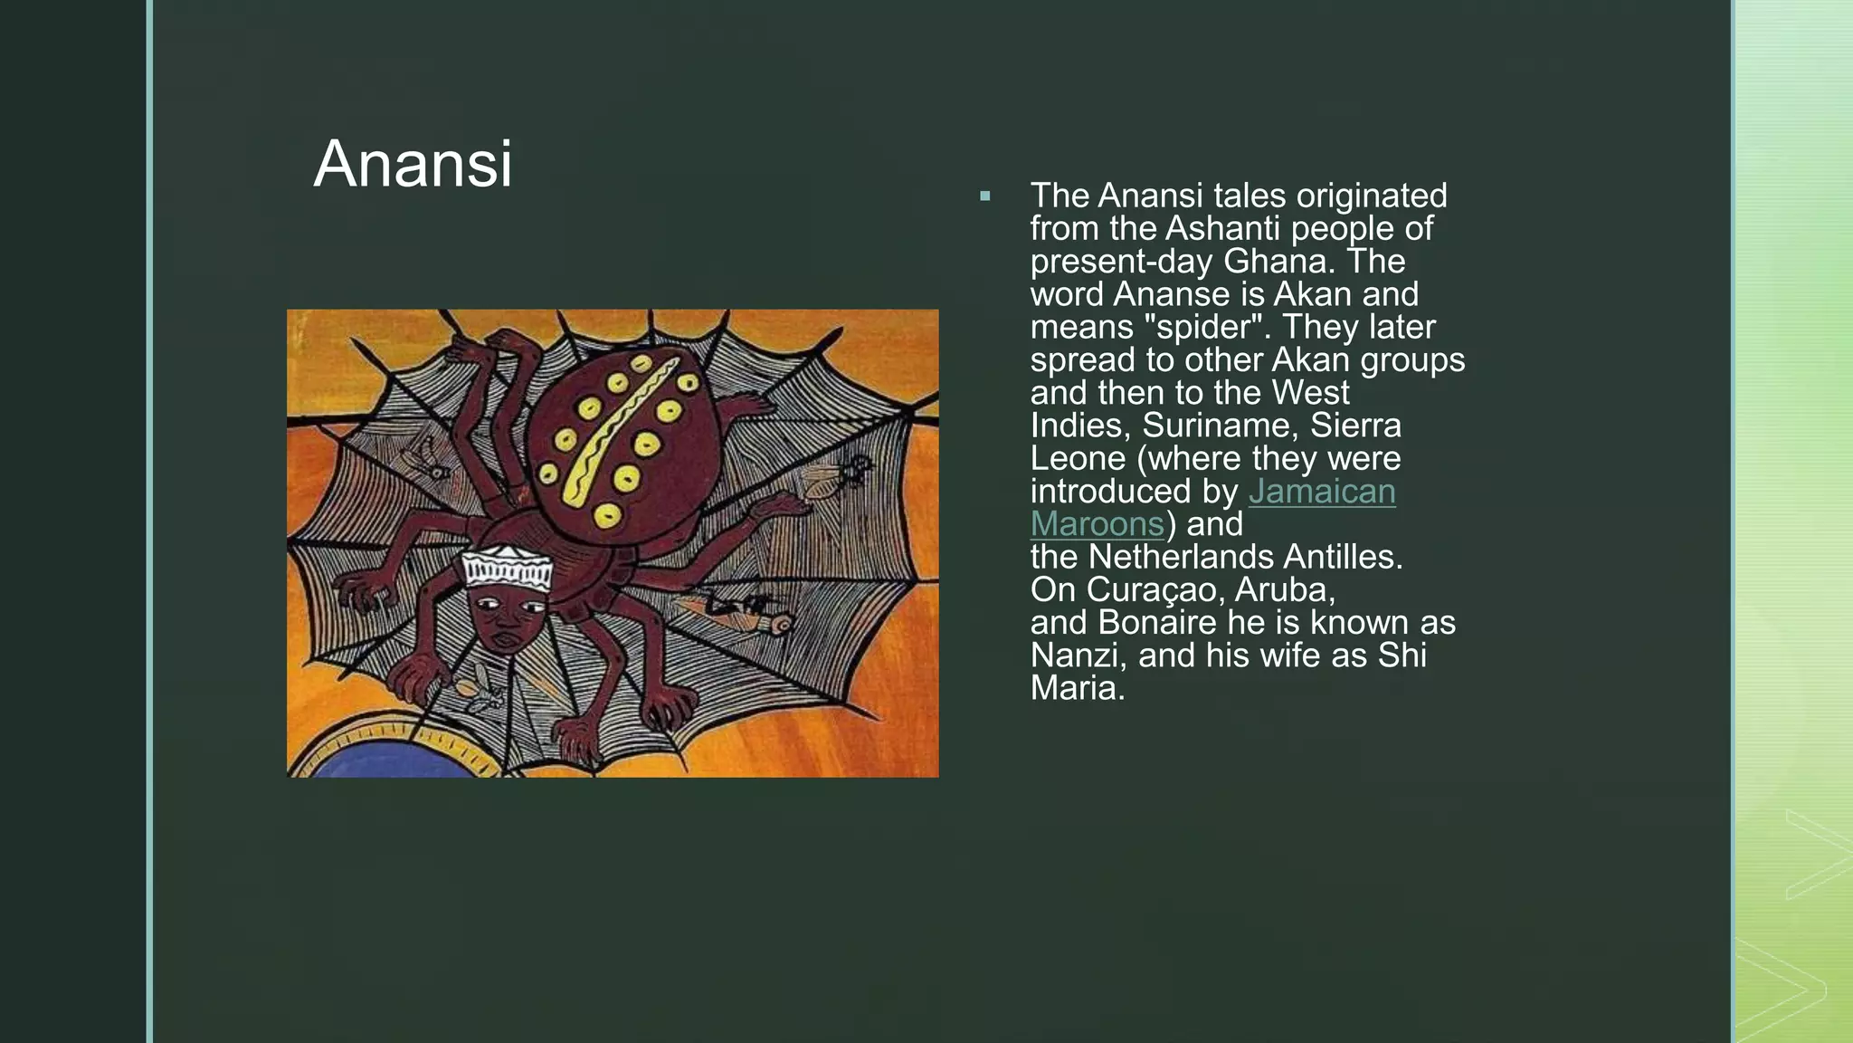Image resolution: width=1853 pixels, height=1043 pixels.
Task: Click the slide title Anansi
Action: [x=413, y=165]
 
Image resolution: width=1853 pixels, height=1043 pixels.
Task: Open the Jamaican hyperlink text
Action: [x=1322, y=492]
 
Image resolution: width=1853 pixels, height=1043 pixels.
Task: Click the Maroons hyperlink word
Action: [x=1097, y=524]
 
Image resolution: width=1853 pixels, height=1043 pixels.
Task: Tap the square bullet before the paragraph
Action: [x=985, y=196]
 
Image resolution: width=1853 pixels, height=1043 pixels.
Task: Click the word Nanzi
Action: [x=1078, y=655]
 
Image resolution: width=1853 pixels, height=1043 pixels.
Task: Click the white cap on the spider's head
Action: [x=507, y=570]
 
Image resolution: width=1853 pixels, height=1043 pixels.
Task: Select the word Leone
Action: [x=1078, y=458]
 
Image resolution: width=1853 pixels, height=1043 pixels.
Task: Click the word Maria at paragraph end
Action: [x=1078, y=688]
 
